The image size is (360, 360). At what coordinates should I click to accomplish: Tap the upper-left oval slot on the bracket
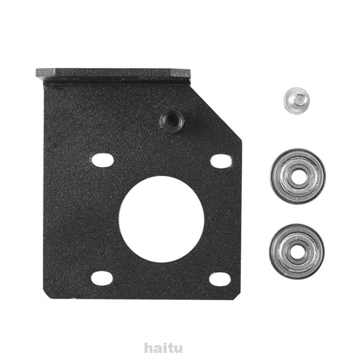pos(102,160)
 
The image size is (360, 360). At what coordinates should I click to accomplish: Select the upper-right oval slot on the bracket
pos(220,161)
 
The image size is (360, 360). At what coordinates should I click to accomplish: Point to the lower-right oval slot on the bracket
pos(220,279)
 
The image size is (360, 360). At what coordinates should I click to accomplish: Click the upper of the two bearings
pos(297,176)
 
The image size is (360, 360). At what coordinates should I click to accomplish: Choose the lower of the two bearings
pos(297,251)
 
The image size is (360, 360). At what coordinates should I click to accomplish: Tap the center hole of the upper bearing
pos(297,176)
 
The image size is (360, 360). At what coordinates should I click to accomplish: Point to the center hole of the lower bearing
pos(297,251)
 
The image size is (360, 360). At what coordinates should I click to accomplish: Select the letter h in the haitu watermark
pos(148,348)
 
